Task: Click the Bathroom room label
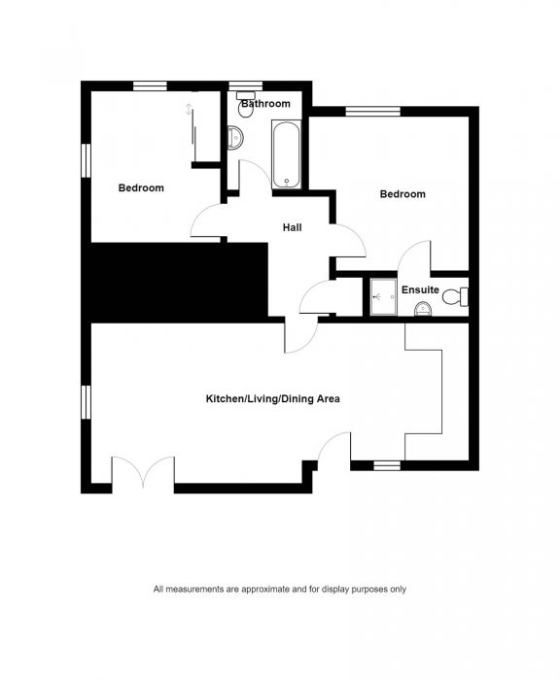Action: point(265,104)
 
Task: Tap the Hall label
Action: point(292,227)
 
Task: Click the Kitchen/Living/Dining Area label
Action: point(272,398)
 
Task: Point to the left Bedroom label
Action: point(141,188)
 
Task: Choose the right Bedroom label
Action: point(402,194)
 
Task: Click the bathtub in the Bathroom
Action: point(285,154)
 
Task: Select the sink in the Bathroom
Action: point(234,139)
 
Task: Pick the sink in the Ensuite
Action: point(423,310)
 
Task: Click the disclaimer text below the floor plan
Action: point(279,589)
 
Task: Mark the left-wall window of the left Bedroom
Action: point(86,161)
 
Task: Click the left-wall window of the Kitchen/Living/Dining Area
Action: point(86,400)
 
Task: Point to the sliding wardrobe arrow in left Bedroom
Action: point(189,110)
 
